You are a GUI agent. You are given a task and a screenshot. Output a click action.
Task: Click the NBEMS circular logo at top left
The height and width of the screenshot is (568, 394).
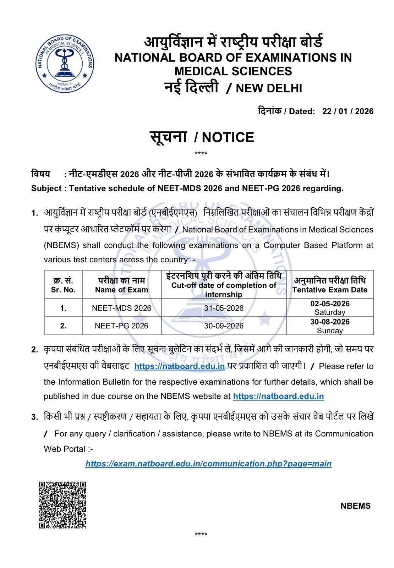pyautogui.click(x=65, y=64)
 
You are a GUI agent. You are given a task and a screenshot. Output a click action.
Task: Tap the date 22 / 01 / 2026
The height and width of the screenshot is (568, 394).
pyautogui.click(x=348, y=111)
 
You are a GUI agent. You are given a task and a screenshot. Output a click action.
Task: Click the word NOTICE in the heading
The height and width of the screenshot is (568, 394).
pyautogui.click(x=228, y=137)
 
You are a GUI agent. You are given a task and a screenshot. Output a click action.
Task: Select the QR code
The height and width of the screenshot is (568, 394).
pyautogui.click(x=62, y=505)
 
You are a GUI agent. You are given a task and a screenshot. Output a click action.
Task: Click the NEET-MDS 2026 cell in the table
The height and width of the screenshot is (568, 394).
pyautogui.click(x=121, y=308)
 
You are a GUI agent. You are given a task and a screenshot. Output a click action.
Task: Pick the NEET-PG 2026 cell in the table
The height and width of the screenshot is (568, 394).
pyautogui.click(x=121, y=326)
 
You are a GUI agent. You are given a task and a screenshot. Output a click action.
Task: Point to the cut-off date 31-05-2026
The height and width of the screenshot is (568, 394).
pyautogui.click(x=224, y=308)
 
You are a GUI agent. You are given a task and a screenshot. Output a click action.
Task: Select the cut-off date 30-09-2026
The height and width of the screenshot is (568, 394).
pyautogui.click(x=224, y=326)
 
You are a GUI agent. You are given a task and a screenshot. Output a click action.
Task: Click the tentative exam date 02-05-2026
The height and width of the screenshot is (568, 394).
pyautogui.click(x=330, y=304)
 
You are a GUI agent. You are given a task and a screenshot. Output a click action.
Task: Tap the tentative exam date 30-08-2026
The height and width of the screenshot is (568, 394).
pyautogui.click(x=330, y=322)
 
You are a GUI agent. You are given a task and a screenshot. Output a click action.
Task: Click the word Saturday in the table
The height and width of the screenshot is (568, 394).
pyautogui.click(x=330, y=312)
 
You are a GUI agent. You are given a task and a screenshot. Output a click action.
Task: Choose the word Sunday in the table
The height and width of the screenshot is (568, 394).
pyautogui.click(x=330, y=331)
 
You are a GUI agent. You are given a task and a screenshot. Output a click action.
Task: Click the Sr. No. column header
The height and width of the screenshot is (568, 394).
pyautogui.click(x=63, y=290)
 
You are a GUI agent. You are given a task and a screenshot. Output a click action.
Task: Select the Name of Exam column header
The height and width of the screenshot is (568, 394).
pyautogui.click(x=121, y=290)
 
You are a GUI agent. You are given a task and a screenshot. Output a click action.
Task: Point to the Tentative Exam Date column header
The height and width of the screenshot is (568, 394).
pyautogui.click(x=330, y=290)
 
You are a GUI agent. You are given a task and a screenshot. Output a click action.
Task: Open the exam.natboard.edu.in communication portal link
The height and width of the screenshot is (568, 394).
pyautogui.click(x=209, y=464)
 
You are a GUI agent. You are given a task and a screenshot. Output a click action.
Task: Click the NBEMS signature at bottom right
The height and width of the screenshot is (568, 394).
pyautogui.click(x=355, y=506)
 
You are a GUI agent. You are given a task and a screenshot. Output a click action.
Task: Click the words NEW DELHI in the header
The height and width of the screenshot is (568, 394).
pyautogui.click(x=269, y=88)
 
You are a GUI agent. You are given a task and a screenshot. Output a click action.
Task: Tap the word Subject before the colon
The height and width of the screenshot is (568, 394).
pyautogui.click(x=46, y=189)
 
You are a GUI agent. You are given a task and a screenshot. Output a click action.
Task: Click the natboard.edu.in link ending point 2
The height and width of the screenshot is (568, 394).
pyautogui.click(x=278, y=396)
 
